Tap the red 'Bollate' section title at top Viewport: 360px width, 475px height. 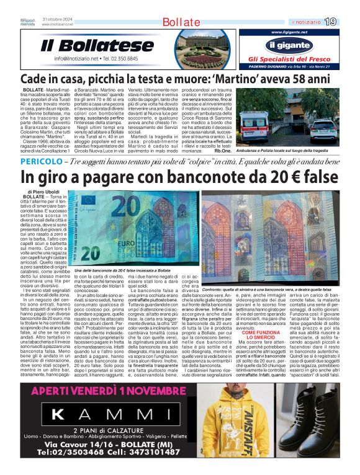181,22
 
